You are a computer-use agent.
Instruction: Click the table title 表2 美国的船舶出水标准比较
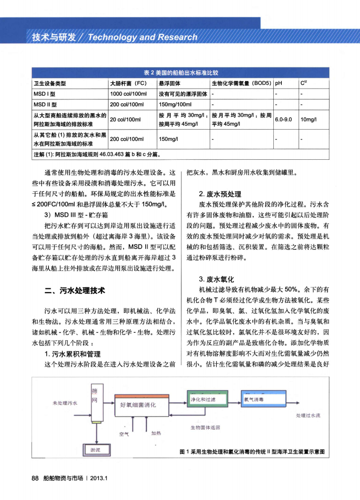point(181,73)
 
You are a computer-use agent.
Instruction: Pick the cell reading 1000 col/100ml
point(126,93)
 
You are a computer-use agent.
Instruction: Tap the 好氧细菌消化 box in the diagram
point(141,405)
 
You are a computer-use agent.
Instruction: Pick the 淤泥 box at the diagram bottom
point(96,450)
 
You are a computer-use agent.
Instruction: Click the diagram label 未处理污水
point(65,403)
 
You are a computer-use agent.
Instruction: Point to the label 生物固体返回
point(205,427)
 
